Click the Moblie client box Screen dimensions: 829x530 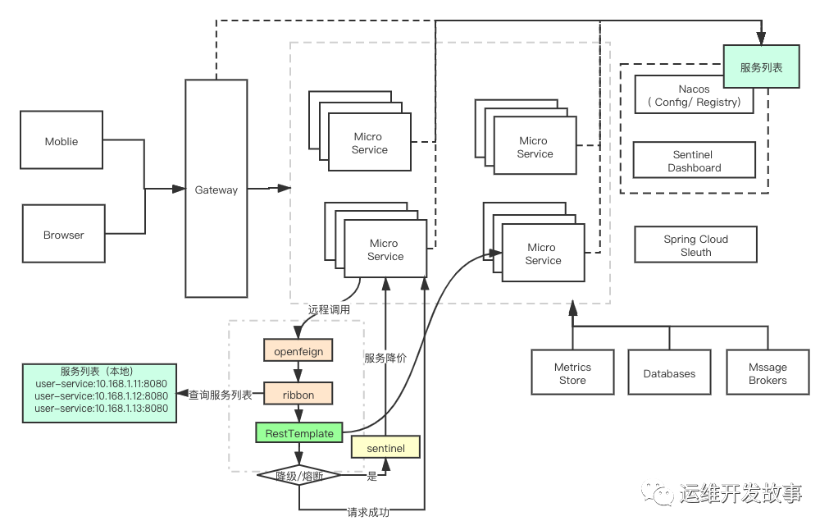[x=61, y=140]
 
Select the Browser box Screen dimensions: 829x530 [x=63, y=234]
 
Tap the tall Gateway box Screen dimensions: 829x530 [x=216, y=189]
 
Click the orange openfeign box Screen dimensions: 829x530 [x=298, y=350]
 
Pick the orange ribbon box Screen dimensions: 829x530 [x=298, y=394]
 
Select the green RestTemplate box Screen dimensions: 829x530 [x=299, y=432]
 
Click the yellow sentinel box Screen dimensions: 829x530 [x=385, y=447]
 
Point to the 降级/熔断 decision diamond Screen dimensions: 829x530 [x=299, y=476]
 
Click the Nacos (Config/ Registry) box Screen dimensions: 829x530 [x=695, y=94]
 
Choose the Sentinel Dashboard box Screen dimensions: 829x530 [x=695, y=160]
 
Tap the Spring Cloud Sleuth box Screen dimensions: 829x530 [x=696, y=245]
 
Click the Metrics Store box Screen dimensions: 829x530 [x=572, y=372]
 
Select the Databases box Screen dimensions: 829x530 [x=669, y=372]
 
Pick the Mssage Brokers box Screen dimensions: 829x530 [x=768, y=372]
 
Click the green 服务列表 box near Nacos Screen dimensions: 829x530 [x=761, y=66]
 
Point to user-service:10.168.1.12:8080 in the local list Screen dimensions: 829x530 [x=102, y=395]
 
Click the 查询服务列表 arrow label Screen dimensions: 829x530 [x=221, y=395]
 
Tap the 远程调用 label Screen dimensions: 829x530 [x=329, y=309]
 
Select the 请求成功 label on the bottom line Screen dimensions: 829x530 [x=368, y=511]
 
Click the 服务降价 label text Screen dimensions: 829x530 [x=385, y=358]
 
